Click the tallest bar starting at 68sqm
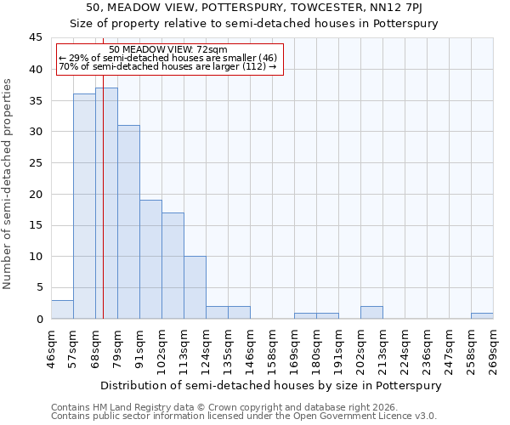click(x=106, y=203)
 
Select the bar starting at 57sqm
click(x=84, y=207)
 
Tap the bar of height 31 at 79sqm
click(x=128, y=222)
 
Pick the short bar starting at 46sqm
click(x=62, y=309)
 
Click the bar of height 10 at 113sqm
click(x=195, y=287)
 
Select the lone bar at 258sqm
click(x=482, y=315)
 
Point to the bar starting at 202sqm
click(x=371, y=312)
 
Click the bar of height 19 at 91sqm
click(x=150, y=259)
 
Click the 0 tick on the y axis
click(x=39, y=319)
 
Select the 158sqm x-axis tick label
click(x=272, y=350)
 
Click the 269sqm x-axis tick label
click(x=493, y=350)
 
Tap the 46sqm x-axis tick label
click(x=51, y=350)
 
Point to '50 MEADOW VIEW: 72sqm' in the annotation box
click(x=168, y=50)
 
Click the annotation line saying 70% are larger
click(x=168, y=66)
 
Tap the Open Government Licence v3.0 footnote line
click(x=244, y=416)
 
